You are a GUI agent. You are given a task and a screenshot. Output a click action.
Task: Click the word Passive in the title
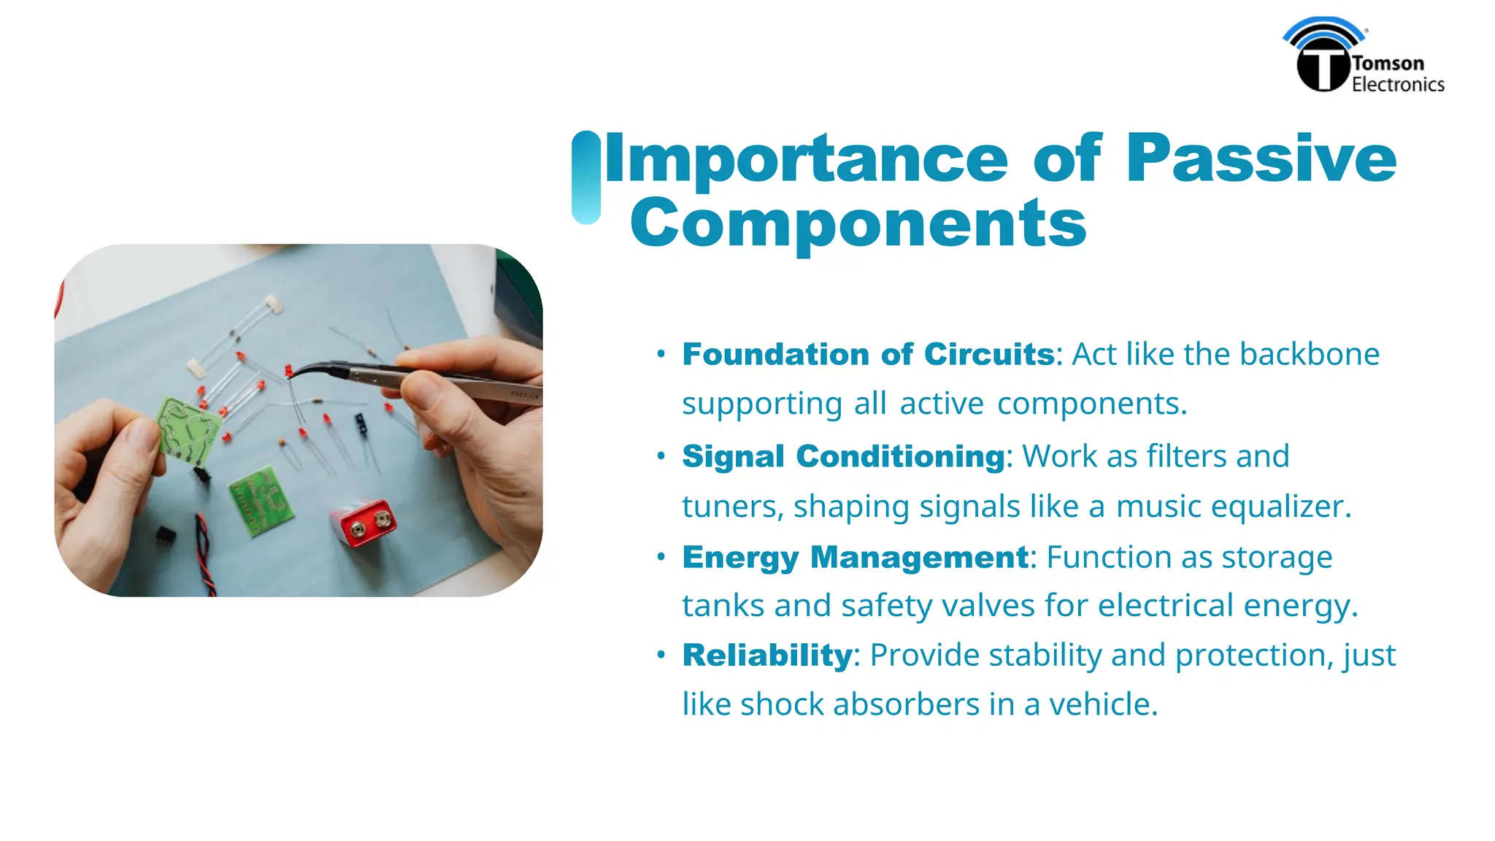click(x=1261, y=158)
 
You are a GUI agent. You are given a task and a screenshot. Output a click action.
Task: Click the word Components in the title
click(x=858, y=223)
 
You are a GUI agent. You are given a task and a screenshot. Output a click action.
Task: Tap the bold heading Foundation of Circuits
click(x=868, y=355)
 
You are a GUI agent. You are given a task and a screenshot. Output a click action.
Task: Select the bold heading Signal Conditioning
click(x=843, y=457)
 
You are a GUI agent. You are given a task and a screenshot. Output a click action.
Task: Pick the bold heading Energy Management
click(x=855, y=558)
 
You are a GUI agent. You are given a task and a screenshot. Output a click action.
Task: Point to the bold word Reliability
click(x=766, y=656)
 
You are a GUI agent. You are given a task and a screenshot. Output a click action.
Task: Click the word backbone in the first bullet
click(x=1310, y=355)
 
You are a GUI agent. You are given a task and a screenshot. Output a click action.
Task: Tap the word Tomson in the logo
click(x=1388, y=64)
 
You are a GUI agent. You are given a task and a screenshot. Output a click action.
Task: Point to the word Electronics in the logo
click(x=1398, y=85)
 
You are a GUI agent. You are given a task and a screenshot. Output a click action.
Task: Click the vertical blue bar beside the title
click(x=586, y=177)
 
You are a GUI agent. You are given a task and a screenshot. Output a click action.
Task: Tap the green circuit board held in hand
click(x=188, y=431)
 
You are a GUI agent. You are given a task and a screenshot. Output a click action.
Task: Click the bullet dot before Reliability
click(x=661, y=655)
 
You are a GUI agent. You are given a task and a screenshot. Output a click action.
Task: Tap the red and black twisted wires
click(x=205, y=555)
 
